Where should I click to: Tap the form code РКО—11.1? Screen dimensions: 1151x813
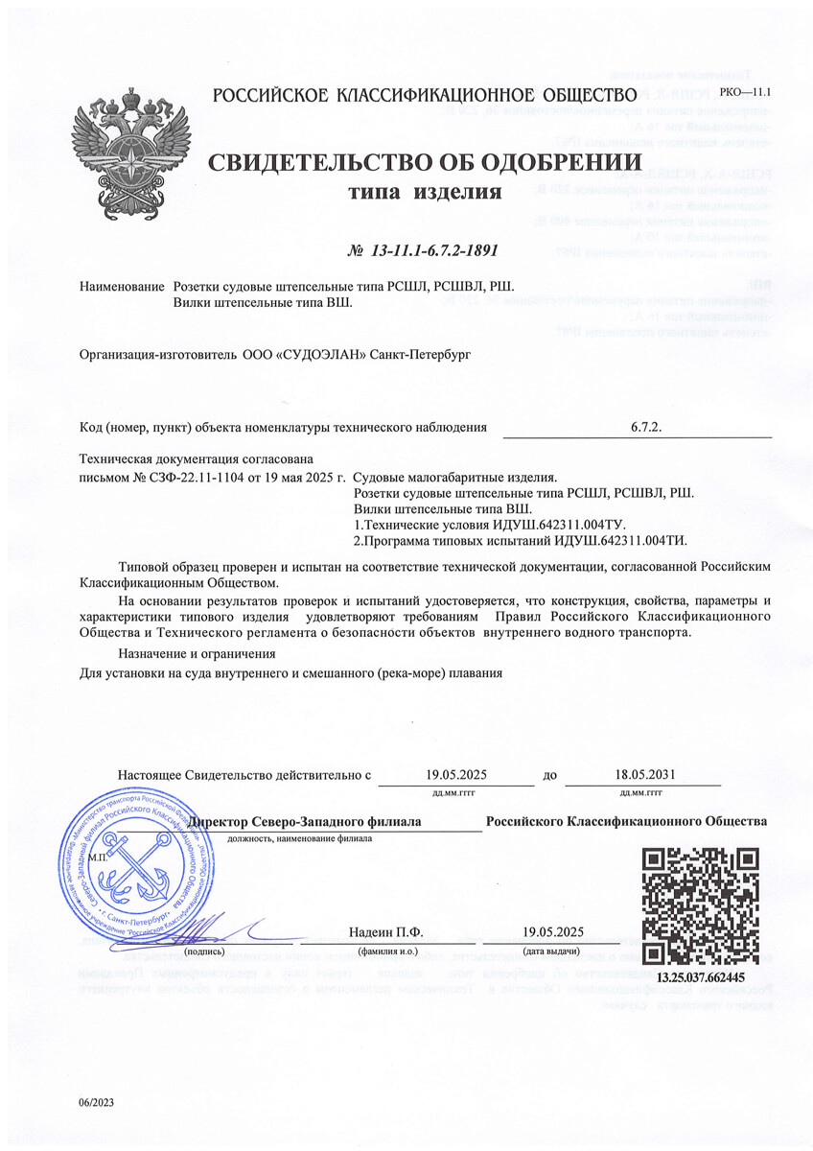749,92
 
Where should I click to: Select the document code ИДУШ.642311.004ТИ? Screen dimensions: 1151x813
606,541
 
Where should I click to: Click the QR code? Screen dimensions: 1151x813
700,906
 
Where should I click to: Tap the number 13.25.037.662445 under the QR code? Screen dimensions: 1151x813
700,977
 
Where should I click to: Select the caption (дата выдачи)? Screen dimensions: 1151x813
553,952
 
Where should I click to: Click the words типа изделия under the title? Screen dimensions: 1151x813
424,194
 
